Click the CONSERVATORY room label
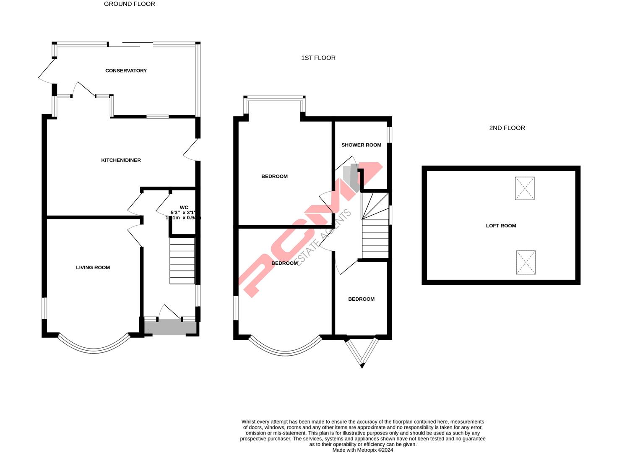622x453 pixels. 126,70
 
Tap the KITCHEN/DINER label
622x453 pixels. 121,160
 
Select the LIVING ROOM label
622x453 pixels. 93,268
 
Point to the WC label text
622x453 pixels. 184,207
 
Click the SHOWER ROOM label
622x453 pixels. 361,145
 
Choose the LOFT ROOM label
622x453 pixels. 501,226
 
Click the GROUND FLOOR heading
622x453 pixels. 129,4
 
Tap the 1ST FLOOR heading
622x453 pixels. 318,58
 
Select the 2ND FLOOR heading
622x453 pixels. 507,128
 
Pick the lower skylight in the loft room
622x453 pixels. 526,263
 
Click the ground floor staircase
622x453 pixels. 182,261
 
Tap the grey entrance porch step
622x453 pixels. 170,328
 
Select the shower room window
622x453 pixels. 389,135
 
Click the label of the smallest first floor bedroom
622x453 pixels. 361,299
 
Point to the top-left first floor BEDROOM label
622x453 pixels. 274,177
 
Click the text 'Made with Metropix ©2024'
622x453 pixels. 362,450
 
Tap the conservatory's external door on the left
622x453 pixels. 47,70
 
